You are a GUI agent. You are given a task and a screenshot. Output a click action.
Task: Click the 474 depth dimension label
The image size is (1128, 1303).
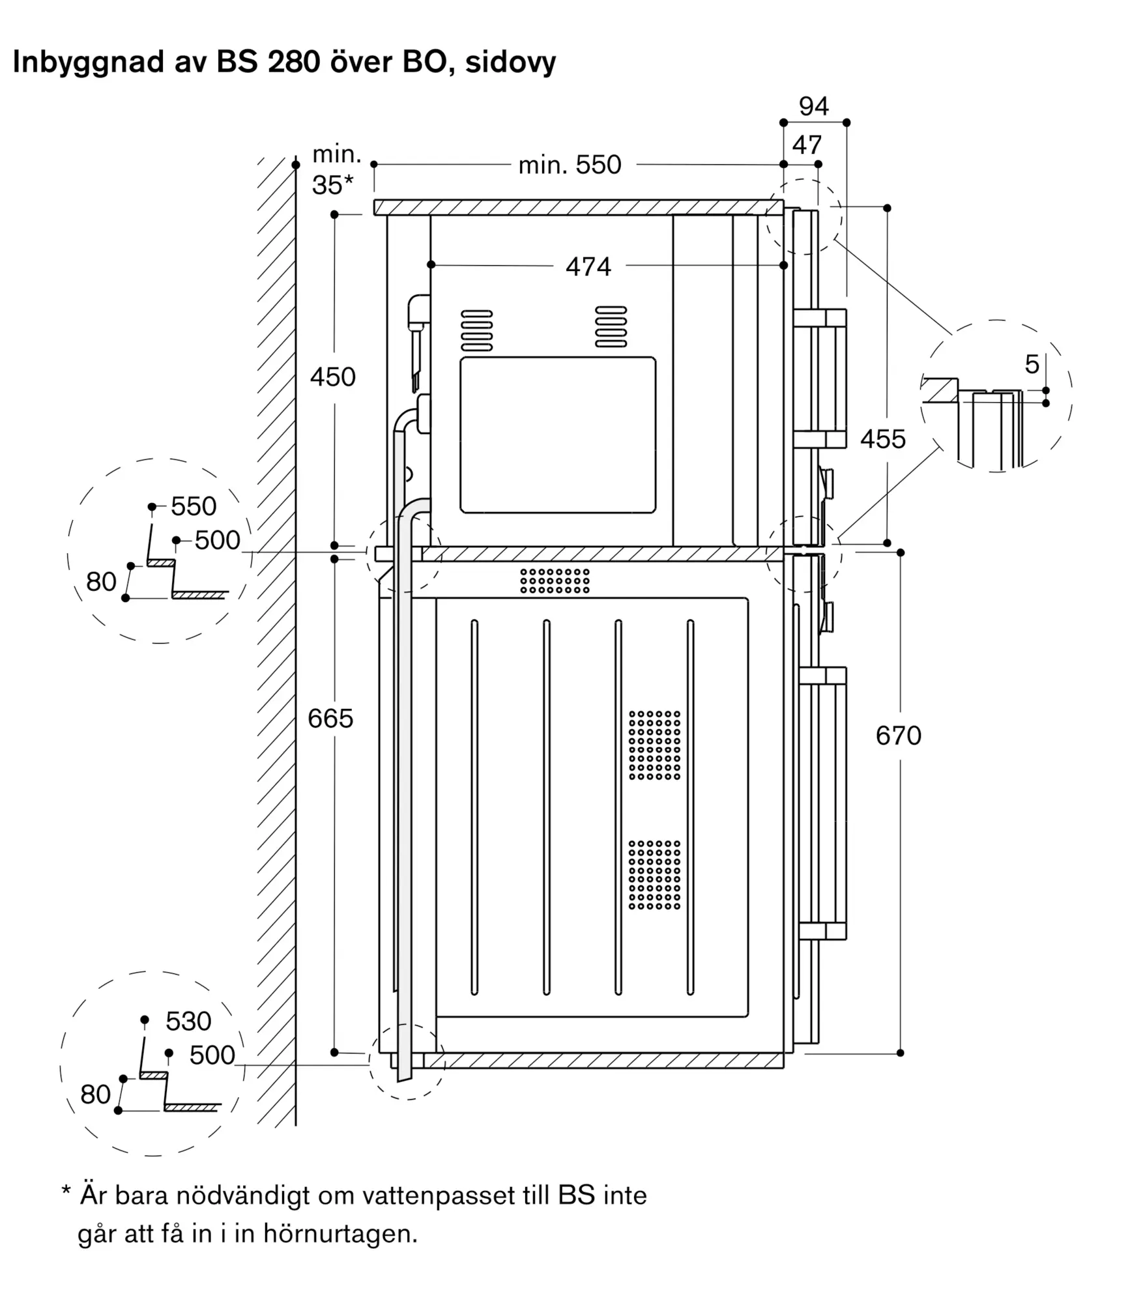click(x=588, y=266)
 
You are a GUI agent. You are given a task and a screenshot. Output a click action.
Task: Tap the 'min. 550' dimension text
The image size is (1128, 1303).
click(x=570, y=165)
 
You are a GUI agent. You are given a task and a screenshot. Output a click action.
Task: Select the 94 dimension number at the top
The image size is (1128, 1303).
click(x=814, y=106)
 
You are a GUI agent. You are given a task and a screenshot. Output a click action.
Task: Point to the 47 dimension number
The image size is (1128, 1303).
click(x=807, y=145)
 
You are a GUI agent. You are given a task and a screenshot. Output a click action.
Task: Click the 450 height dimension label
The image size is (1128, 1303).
click(x=333, y=377)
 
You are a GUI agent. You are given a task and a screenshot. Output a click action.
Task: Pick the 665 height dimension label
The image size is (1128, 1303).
click(x=330, y=718)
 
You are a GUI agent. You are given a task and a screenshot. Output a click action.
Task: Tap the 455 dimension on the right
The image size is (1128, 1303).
click(x=883, y=439)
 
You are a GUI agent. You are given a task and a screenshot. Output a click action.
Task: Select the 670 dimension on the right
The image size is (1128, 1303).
click(x=899, y=736)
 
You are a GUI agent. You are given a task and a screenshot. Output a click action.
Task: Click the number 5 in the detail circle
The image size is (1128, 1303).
click(x=1032, y=364)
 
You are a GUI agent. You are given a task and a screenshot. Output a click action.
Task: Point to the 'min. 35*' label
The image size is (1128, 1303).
click(x=336, y=169)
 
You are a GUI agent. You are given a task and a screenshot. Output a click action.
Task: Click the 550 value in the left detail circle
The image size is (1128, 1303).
click(x=194, y=506)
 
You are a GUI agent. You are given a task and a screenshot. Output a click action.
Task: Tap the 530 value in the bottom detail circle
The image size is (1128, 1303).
click(x=188, y=1021)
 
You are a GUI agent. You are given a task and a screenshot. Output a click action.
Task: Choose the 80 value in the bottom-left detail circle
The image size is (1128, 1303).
click(x=95, y=1094)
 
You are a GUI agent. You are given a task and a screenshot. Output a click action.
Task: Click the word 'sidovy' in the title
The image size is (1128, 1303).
click(x=510, y=63)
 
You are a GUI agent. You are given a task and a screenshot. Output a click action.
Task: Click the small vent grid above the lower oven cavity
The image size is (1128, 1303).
click(x=555, y=580)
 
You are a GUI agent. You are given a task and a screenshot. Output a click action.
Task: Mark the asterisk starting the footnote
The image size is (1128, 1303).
click(x=66, y=1191)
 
